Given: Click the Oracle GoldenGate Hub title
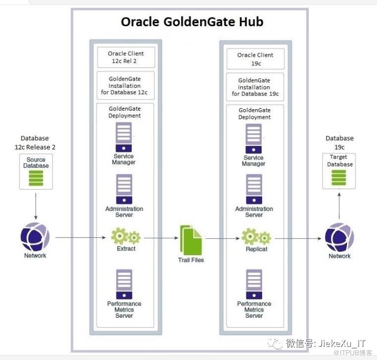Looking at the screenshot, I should coord(192,22).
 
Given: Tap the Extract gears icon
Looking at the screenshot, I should coord(126,237).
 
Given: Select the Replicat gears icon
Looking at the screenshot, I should coord(255,237).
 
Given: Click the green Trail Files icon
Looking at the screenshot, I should coord(190,240).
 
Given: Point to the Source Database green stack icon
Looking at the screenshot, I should coord(36,178).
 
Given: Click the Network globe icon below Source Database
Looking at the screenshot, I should coord(35,237).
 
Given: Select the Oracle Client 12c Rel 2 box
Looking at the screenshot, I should coord(126,57).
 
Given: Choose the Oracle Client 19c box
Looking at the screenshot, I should coord(255,59).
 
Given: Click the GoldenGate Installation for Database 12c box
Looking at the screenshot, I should coord(126,86).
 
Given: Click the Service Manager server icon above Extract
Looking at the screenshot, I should coord(124,137).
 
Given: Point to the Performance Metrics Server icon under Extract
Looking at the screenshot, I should coord(124,284).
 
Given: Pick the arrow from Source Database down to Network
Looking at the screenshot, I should coord(36,207).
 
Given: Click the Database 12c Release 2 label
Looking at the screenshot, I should coord(34,142).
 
